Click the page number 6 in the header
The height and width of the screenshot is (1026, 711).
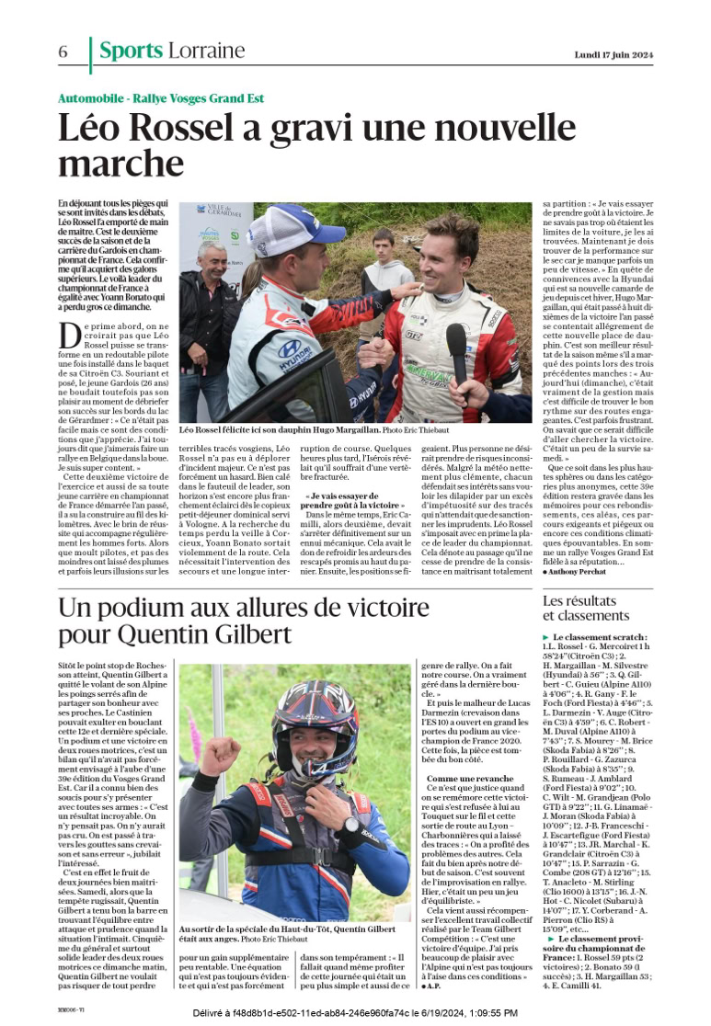(63, 52)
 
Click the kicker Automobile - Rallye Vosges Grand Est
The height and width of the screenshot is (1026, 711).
(161, 98)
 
